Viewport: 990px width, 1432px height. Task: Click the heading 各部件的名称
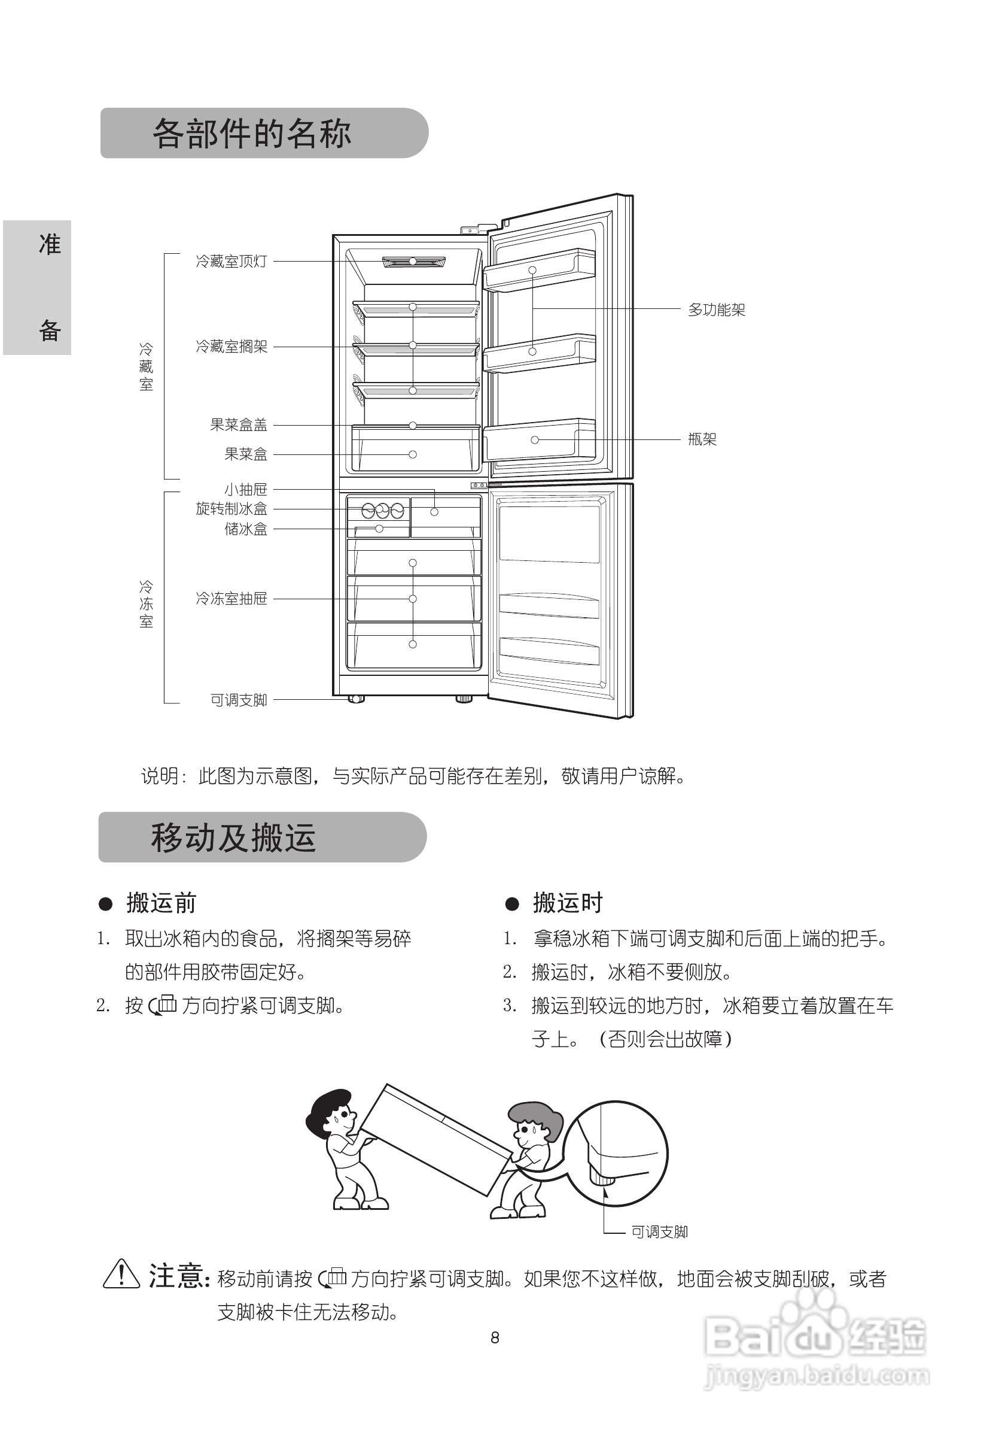click(251, 134)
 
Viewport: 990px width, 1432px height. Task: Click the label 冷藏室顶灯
click(231, 262)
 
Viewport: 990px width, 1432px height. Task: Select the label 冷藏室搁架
click(231, 347)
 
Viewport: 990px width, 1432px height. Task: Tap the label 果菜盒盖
click(238, 425)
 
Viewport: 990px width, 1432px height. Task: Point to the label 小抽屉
click(246, 490)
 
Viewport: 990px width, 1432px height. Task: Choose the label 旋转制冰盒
click(231, 509)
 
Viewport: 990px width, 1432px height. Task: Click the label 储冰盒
click(246, 529)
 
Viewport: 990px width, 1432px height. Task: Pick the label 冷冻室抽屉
click(231, 599)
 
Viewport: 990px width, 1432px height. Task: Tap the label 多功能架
click(717, 310)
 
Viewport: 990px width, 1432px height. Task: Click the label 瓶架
click(702, 439)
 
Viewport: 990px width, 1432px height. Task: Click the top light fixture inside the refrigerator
click(413, 262)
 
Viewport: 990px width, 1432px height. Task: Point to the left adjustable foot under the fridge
click(355, 699)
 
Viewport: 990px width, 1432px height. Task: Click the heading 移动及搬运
click(233, 838)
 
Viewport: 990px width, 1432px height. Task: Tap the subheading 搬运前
click(162, 903)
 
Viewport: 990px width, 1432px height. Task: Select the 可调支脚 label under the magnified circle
click(659, 1232)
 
